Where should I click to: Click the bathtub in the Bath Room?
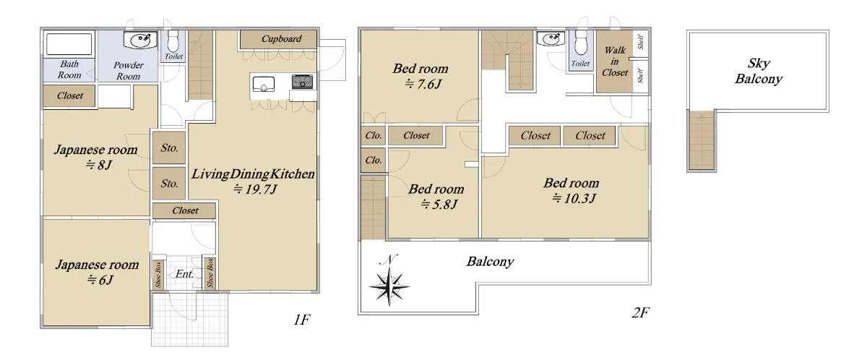(69, 44)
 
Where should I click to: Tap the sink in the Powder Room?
(140, 40)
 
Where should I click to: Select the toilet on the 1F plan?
(173, 41)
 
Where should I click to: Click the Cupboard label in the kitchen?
(281, 39)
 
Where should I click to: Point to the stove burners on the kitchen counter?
(302, 82)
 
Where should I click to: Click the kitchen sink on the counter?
(264, 84)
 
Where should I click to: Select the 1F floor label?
(301, 320)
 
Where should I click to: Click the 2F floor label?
(640, 312)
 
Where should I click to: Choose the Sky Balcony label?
(759, 71)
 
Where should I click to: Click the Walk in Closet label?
(615, 61)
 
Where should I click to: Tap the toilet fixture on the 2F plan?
(581, 43)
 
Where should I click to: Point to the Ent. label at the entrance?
(184, 274)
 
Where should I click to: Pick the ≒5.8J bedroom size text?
(439, 204)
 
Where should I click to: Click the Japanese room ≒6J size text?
(100, 280)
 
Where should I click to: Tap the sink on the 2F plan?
(551, 39)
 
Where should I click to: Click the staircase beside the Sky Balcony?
(702, 140)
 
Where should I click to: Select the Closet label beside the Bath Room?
(69, 95)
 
